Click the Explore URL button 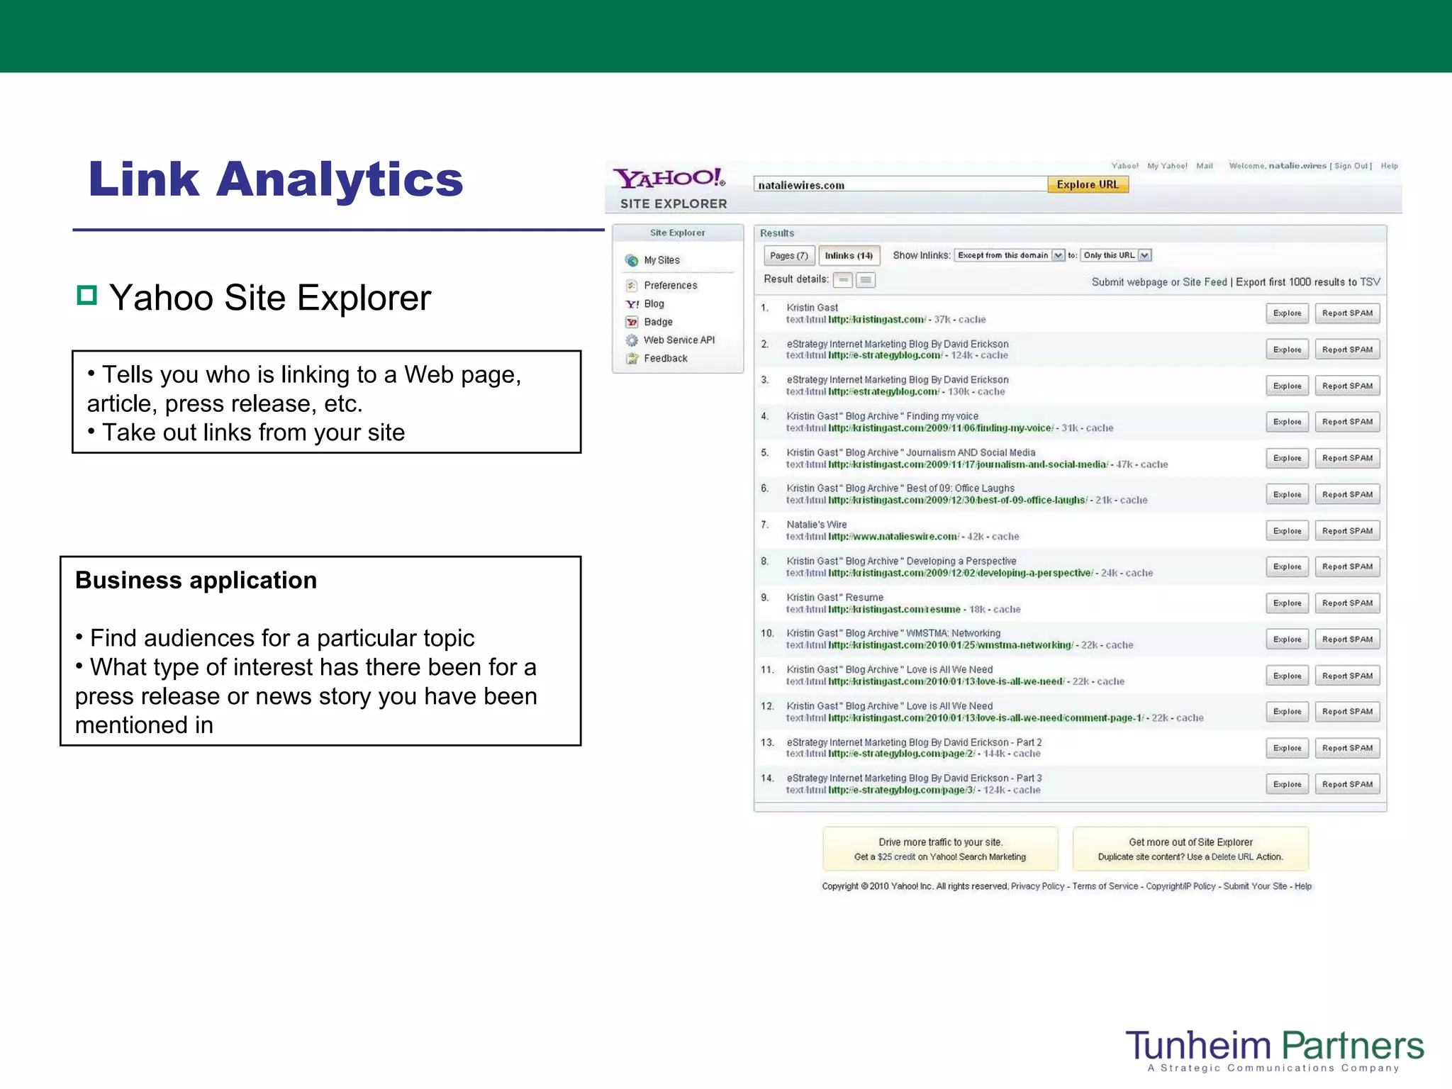point(1088,184)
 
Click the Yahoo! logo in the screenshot point(669,178)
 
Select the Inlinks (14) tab point(849,255)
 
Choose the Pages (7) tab point(788,255)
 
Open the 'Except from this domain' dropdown point(1058,255)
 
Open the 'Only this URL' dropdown point(1144,255)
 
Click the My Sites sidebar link point(661,260)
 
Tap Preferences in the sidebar point(670,285)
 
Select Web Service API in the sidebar point(678,340)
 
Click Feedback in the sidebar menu point(665,358)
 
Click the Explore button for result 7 point(1287,530)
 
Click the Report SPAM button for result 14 point(1347,784)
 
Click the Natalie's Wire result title point(816,525)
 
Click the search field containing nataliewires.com point(899,184)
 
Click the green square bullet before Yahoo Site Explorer point(86,295)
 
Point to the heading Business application point(196,580)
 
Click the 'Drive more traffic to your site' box point(940,849)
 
